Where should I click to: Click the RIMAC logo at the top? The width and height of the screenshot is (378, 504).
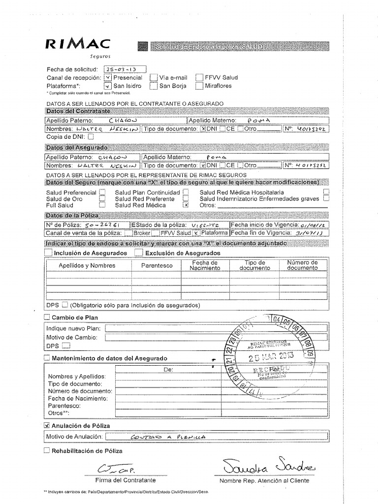pyautogui.click(x=78, y=44)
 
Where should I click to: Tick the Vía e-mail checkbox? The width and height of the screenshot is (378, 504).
pyautogui.click(x=154, y=77)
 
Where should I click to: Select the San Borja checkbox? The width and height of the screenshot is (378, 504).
pyautogui.click(x=154, y=86)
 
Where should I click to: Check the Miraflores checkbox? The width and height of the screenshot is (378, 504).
pyautogui.click(x=199, y=86)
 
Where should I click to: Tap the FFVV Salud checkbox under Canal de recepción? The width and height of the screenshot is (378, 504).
pyautogui.click(x=199, y=77)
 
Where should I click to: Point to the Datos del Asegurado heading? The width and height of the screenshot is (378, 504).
pyautogui.click(x=76, y=147)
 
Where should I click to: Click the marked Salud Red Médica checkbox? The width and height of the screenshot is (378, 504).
pyautogui.click(x=186, y=205)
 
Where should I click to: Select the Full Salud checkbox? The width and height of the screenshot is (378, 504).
pyautogui.click(x=102, y=205)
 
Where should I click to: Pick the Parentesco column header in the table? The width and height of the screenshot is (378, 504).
pyautogui.click(x=157, y=265)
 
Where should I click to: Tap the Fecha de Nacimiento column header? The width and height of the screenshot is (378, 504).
pyautogui.click(x=205, y=265)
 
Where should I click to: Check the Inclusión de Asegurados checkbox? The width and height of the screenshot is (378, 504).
pyautogui.click(x=48, y=253)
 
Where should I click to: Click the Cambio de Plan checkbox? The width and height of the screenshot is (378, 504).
pyautogui.click(x=47, y=317)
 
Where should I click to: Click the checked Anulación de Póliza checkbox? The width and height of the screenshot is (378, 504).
pyautogui.click(x=47, y=425)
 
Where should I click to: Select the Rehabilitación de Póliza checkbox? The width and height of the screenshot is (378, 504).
pyautogui.click(x=47, y=450)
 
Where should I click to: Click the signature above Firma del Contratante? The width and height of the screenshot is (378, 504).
pyautogui.click(x=111, y=469)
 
